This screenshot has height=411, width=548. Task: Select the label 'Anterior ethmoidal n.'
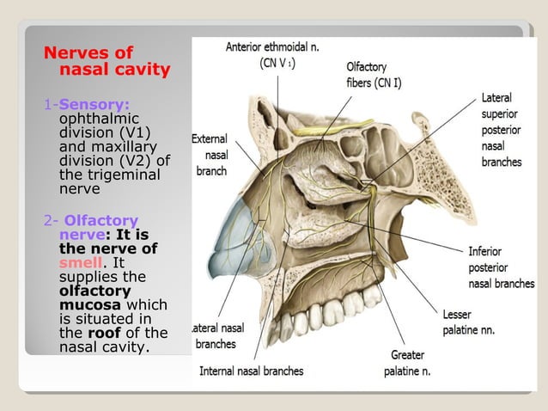click(x=272, y=47)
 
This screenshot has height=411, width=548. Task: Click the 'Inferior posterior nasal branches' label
click(x=500, y=267)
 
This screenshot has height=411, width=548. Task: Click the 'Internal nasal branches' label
click(x=251, y=371)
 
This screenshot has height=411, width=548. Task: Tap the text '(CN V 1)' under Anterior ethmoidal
click(x=278, y=63)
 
